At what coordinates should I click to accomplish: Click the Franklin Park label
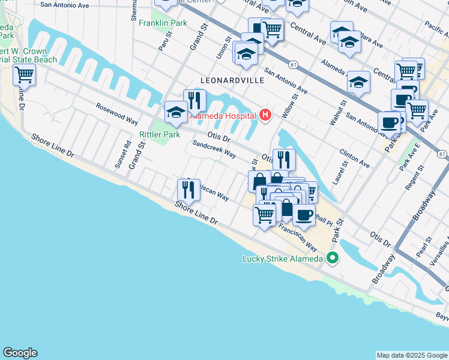coord(163,23)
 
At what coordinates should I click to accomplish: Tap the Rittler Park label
coord(160,134)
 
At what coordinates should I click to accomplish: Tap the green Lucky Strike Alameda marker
coord(331,259)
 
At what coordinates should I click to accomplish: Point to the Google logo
coord(20,353)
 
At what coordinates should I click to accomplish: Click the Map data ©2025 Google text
coord(411,355)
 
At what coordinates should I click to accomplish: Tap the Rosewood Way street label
coord(117,114)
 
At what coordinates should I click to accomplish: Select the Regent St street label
coord(411,179)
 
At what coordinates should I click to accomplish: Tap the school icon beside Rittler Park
coord(176,112)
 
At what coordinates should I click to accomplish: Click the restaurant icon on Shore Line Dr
coord(188,190)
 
